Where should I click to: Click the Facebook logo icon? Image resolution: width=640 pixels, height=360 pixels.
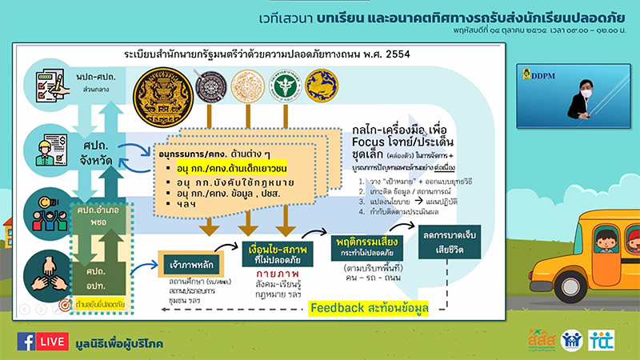pyautogui.click(x=28, y=342)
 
